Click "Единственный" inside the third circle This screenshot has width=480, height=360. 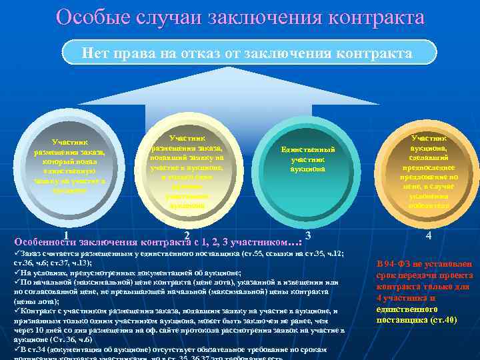tap(307, 150)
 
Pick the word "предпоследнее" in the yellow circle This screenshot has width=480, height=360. tap(428, 168)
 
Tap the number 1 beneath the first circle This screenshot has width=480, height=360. tap(67, 235)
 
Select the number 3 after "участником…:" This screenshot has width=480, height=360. tap(307, 235)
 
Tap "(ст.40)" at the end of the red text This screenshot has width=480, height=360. tap(443, 320)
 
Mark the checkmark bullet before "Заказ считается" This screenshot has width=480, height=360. tap(17, 254)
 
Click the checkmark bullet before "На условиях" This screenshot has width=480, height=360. tap(17, 273)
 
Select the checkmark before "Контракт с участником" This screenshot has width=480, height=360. tap(17, 311)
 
